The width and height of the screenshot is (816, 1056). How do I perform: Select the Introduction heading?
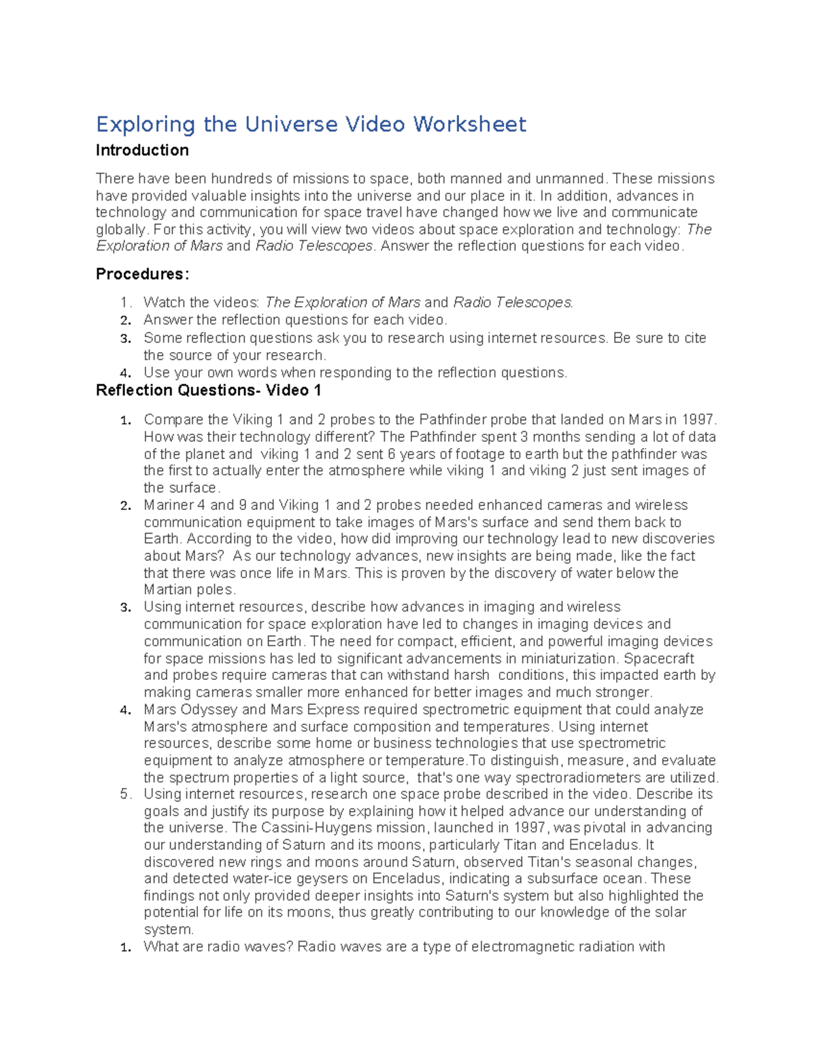[x=142, y=150]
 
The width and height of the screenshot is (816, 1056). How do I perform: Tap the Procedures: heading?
[x=142, y=274]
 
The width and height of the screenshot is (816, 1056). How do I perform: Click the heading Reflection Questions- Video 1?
[x=208, y=390]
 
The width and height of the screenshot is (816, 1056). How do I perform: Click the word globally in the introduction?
[x=121, y=230]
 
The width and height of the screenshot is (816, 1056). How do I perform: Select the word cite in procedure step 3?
[x=694, y=338]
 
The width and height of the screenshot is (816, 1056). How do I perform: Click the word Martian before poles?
[x=167, y=590]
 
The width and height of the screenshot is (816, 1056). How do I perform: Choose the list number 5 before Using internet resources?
[x=124, y=794]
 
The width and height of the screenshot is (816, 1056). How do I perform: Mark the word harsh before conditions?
[x=471, y=675]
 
